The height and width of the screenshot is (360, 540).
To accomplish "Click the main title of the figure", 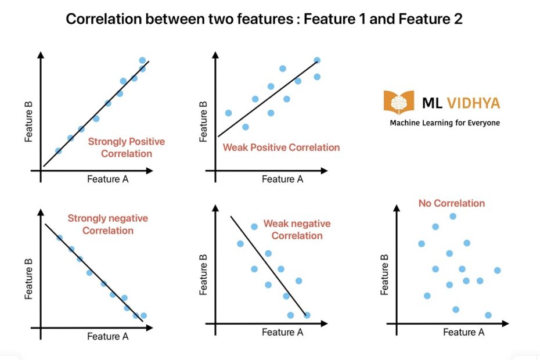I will click(x=264, y=19).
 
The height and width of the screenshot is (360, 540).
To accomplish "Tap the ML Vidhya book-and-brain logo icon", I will click(x=398, y=102).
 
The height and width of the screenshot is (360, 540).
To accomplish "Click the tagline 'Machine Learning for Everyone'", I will click(x=445, y=123).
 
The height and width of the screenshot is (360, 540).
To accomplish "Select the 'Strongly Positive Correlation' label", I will click(x=126, y=147).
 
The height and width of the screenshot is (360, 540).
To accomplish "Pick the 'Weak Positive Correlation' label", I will click(x=281, y=147).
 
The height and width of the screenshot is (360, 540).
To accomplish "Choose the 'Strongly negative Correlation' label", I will click(x=108, y=224).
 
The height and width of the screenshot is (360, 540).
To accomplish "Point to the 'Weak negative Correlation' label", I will click(x=297, y=229).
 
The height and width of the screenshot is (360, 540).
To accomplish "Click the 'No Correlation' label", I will click(x=451, y=203).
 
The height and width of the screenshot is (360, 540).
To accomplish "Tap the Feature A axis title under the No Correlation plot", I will click(x=463, y=332).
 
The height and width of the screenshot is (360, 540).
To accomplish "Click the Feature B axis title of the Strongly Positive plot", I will click(x=28, y=121).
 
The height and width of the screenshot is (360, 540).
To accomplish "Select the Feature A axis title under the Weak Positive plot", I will click(x=282, y=179).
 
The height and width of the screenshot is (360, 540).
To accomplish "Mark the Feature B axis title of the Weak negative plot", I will click(x=203, y=279).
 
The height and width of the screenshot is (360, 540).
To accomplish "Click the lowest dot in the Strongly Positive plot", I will click(x=58, y=151).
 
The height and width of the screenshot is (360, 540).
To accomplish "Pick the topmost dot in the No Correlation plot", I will click(x=453, y=217).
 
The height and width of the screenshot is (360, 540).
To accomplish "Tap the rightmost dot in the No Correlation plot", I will click(x=497, y=270).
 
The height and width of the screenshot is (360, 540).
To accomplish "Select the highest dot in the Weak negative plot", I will click(x=254, y=226).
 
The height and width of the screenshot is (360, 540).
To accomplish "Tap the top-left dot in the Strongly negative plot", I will click(x=59, y=237).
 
